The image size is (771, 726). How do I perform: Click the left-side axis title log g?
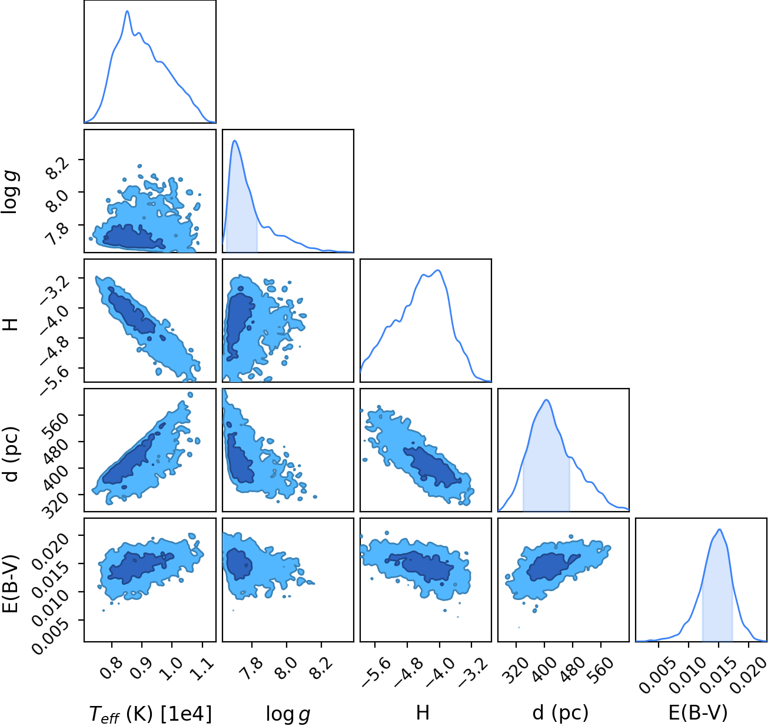click(10, 192)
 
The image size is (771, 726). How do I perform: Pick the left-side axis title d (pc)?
click(11, 454)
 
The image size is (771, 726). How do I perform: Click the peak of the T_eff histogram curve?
click(127, 11)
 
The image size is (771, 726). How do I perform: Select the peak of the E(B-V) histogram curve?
click(719, 529)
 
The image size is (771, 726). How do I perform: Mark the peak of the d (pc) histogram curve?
click(546, 400)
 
